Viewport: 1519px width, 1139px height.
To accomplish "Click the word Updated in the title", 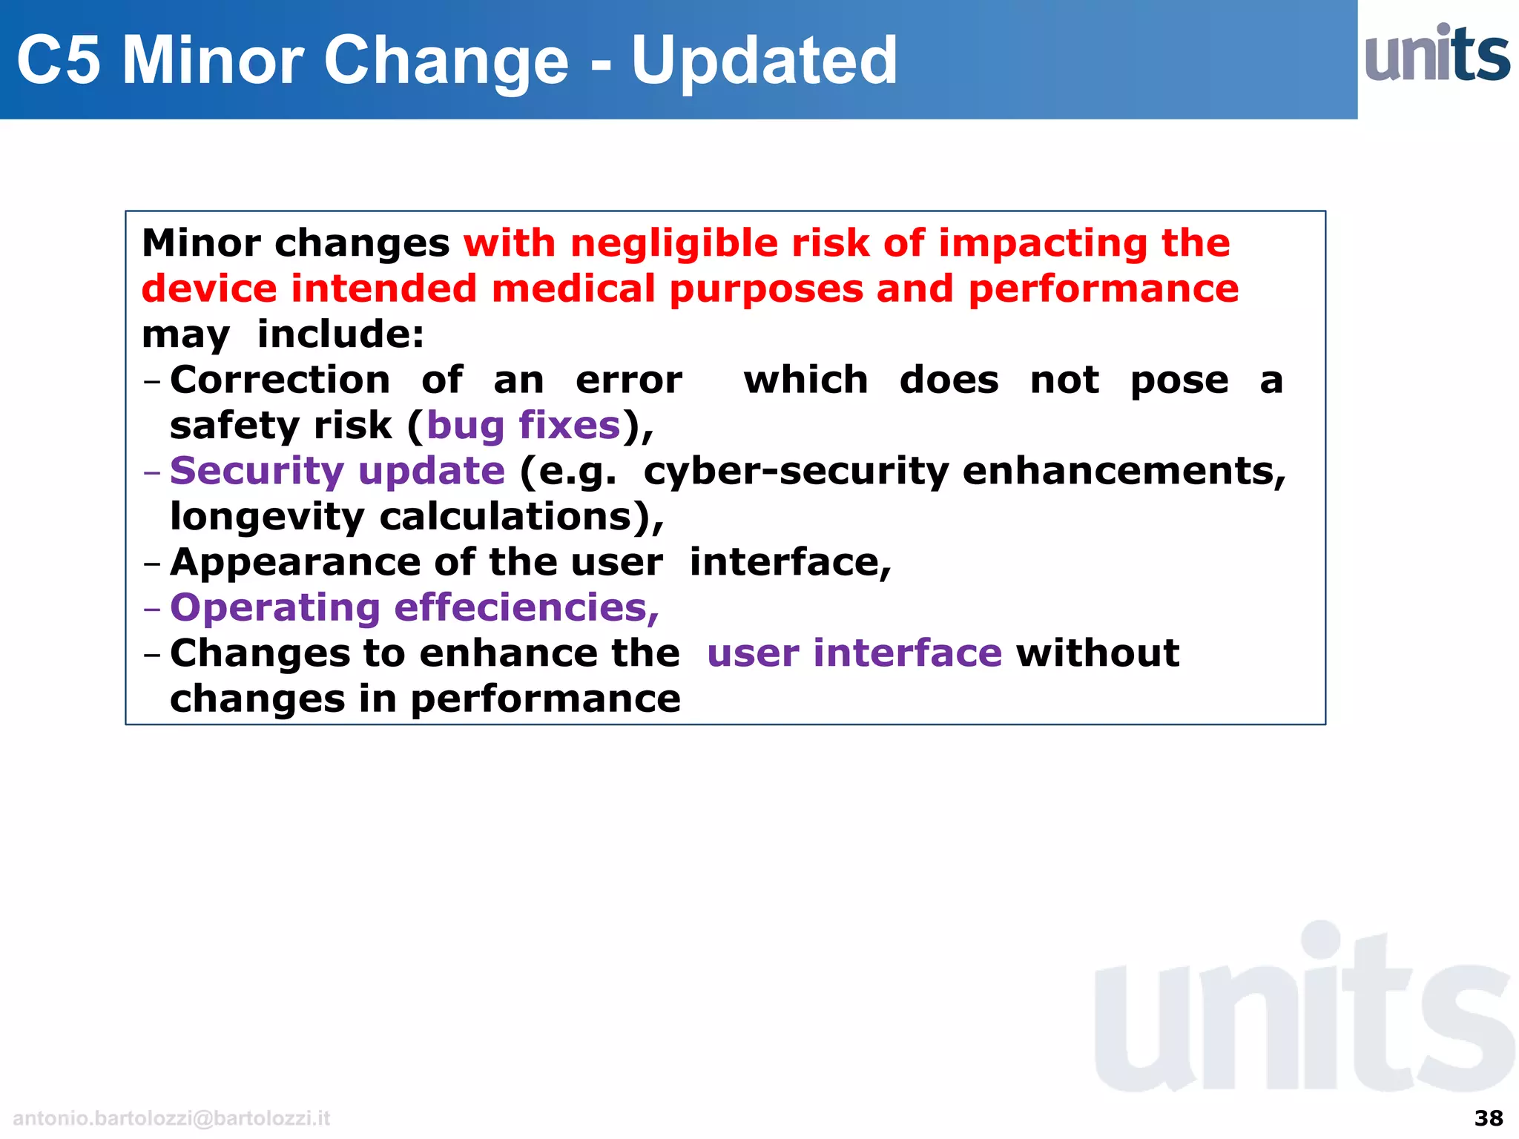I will (x=764, y=61).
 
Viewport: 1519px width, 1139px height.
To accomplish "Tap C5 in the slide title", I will (x=59, y=61).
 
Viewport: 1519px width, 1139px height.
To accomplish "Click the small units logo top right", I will (x=1437, y=53).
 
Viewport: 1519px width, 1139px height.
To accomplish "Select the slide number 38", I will (x=1488, y=1118).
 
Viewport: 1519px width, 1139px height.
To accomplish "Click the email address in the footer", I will (x=171, y=1118).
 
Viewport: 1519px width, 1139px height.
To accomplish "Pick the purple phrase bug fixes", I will (x=524, y=426).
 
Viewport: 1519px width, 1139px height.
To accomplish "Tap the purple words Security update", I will (x=337, y=472).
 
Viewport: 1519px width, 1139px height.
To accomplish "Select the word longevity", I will (x=267, y=517).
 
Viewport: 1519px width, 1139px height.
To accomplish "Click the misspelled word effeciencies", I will (x=527, y=608).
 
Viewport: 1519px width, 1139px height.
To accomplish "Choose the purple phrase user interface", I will (x=854, y=654).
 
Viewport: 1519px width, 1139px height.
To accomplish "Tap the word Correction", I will (x=280, y=380).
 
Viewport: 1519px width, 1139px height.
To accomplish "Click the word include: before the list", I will (x=340, y=334).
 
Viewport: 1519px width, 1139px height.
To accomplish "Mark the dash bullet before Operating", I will (x=152, y=610).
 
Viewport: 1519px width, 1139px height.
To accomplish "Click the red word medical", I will (x=573, y=289).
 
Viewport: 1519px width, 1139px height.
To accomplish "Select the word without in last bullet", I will (x=1098, y=654).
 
